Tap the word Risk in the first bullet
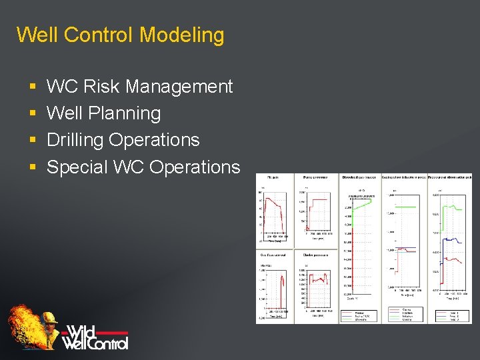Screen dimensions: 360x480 coord(104,87)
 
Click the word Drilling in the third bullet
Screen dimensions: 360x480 coord(75,140)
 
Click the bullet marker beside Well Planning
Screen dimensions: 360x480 coord(33,114)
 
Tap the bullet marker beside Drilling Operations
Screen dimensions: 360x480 coord(33,141)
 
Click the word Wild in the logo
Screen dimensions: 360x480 coord(82,331)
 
